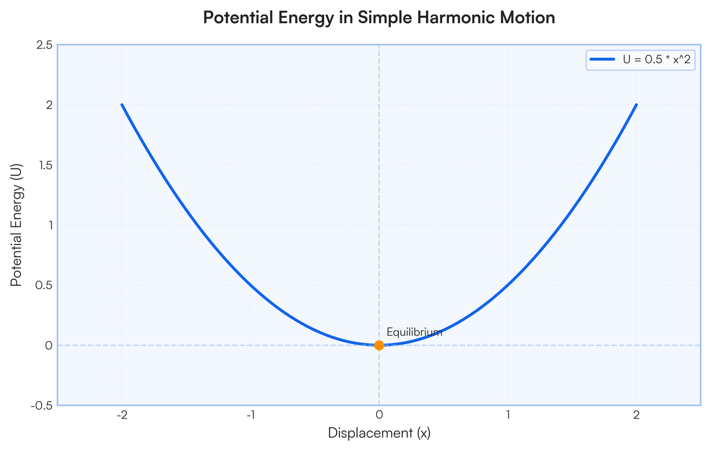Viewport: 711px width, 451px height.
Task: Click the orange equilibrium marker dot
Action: coord(379,345)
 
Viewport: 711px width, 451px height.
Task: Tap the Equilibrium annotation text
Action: coord(414,332)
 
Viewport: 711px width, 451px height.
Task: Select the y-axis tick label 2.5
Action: coord(44,45)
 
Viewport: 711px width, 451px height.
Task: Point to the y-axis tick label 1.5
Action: coord(45,165)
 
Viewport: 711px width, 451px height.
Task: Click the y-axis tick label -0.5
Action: coord(41,406)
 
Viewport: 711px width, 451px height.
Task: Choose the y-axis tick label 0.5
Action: coord(44,285)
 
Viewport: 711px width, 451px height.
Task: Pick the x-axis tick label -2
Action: coord(122,415)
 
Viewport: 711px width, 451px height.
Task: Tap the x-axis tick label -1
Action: coord(251,415)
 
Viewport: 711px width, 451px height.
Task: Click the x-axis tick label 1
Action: coord(508,415)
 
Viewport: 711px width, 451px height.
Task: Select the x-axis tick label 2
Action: coord(636,415)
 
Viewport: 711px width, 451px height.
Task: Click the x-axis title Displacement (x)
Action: coord(379,433)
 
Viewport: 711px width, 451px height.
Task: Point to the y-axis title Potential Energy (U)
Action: coord(16,225)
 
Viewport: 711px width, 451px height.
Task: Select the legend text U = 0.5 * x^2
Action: coord(656,59)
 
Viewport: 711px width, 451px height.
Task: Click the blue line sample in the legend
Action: coord(602,59)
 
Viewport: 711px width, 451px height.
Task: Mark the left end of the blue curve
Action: coord(122,104)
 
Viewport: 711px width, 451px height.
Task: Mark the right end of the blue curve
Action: coord(636,104)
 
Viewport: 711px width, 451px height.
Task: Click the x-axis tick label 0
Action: coord(379,415)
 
